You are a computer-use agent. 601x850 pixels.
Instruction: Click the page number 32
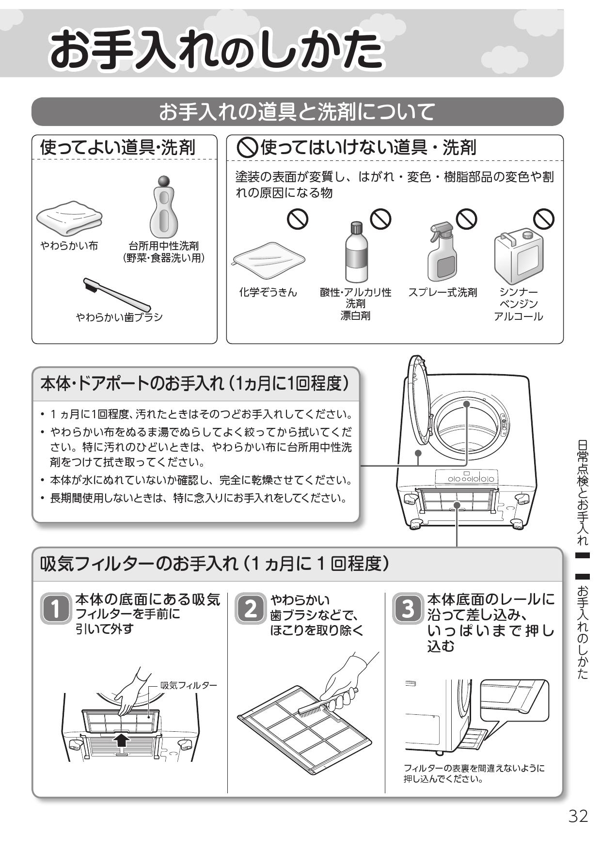pos(578,816)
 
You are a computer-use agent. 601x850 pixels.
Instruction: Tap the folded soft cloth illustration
pos(70,219)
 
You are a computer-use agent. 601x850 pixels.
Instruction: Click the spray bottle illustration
pos(442,252)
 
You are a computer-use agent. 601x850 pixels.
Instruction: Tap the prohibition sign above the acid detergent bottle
pos(380,219)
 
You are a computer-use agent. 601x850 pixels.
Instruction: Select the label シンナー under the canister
pos(519,292)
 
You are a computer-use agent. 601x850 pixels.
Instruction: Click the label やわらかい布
pos(69,246)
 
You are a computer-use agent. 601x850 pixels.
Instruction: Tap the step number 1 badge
pos(56,608)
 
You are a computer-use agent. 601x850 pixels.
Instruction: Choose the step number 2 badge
pos(251,608)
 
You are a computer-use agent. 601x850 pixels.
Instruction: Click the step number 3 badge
pos(408,608)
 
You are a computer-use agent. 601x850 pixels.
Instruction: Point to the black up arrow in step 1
pos(122,739)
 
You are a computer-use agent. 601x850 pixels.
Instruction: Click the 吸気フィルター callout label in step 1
pos(189,685)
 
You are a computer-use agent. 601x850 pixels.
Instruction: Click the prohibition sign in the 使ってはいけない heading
pos(247,147)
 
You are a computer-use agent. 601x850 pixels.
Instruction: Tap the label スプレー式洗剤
pos(443,292)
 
